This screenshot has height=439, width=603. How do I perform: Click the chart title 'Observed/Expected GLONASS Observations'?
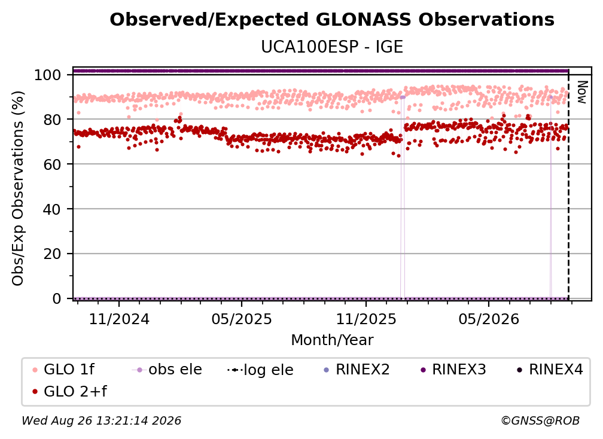[332, 20]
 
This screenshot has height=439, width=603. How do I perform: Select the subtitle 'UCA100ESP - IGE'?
[332, 47]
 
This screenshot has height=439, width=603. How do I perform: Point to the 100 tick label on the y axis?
[47, 75]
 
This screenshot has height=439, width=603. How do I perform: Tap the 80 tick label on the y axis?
[52, 120]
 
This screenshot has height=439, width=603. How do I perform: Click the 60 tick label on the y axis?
[52, 164]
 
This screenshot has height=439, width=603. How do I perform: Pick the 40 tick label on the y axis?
[52, 209]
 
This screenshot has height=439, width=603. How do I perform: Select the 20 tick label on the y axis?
[52, 254]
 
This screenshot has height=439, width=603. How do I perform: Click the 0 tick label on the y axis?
[56, 298]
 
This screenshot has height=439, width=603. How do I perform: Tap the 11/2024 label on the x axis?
[119, 319]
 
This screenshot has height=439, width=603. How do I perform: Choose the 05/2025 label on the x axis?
[242, 319]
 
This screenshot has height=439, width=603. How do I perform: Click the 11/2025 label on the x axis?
[366, 319]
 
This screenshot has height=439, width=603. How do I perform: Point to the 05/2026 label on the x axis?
[489, 319]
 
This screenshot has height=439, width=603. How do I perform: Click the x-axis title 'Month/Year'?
[332, 340]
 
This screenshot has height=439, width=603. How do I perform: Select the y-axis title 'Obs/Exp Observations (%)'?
[18, 188]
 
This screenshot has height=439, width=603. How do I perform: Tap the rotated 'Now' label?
[582, 92]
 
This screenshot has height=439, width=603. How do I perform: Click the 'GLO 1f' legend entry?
[63, 370]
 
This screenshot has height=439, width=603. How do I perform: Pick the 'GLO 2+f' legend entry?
[69, 391]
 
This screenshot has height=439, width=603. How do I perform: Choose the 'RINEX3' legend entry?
[453, 370]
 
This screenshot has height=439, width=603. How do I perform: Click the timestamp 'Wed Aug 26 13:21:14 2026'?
[102, 420]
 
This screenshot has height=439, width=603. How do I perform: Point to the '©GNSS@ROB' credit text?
[540, 420]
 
